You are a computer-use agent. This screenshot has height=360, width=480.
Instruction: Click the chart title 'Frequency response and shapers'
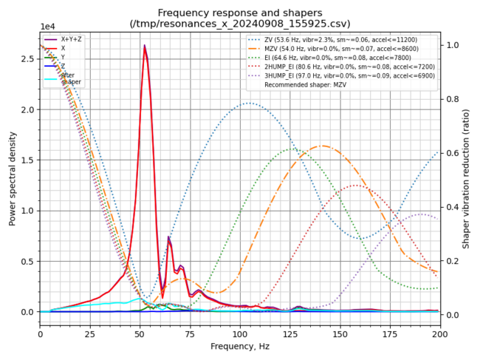pyautogui.click(x=240, y=12)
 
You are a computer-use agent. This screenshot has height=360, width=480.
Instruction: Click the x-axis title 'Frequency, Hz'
pyautogui.click(x=240, y=346)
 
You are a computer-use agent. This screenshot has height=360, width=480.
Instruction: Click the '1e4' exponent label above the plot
pyautogui.click(x=47, y=27)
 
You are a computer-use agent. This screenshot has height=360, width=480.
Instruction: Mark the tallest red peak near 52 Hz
pyautogui.click(x=144, y=46)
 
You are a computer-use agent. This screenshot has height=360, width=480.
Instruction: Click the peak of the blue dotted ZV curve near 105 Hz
pyautogui.click(x=249, y=103)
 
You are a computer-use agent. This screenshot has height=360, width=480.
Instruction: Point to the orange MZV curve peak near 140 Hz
pyautogui.click(x=321, y=146)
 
